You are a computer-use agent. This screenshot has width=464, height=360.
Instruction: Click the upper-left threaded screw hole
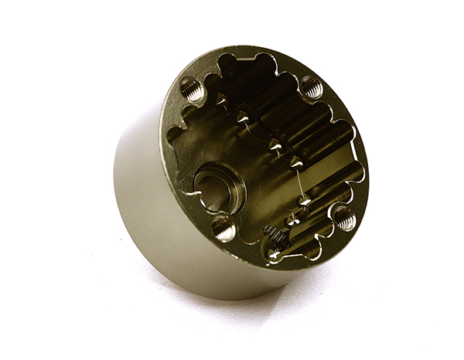[x=193, y=91]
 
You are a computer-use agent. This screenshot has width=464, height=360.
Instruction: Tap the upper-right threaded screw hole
[x=311, y=87]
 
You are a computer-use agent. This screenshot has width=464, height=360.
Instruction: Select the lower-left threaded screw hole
[x=223, y=229]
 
